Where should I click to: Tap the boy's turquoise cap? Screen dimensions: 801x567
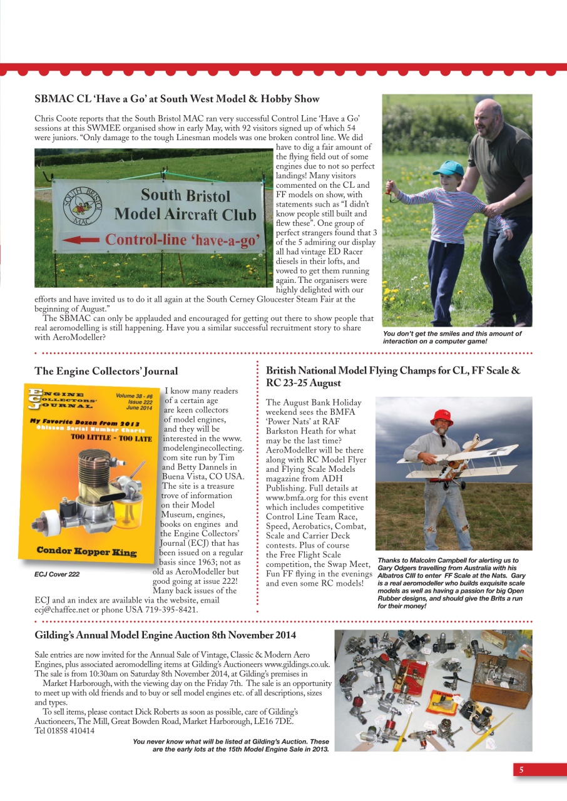coord(449,168)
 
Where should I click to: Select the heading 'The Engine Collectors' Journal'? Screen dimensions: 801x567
coord(106,372)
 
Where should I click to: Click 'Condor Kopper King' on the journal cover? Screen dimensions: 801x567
coord(85,551)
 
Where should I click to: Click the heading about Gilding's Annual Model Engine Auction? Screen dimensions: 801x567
coord(165,635)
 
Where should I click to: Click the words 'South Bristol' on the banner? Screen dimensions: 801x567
coord(185,196)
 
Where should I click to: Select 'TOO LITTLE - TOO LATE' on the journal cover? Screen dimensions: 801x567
coord(111,438)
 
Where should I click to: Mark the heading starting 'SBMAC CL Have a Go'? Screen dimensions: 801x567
coord(176,99)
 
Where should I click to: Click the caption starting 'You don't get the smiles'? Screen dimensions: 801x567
coord(452,337)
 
